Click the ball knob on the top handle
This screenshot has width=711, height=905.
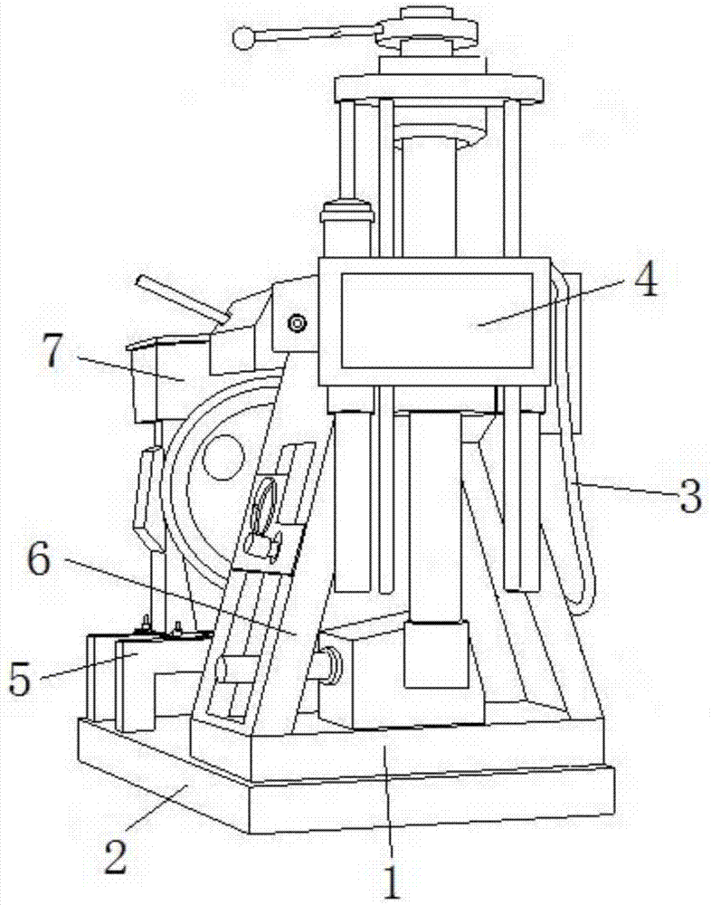coord(244,38)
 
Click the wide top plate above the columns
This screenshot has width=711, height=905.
coord(439,88)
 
